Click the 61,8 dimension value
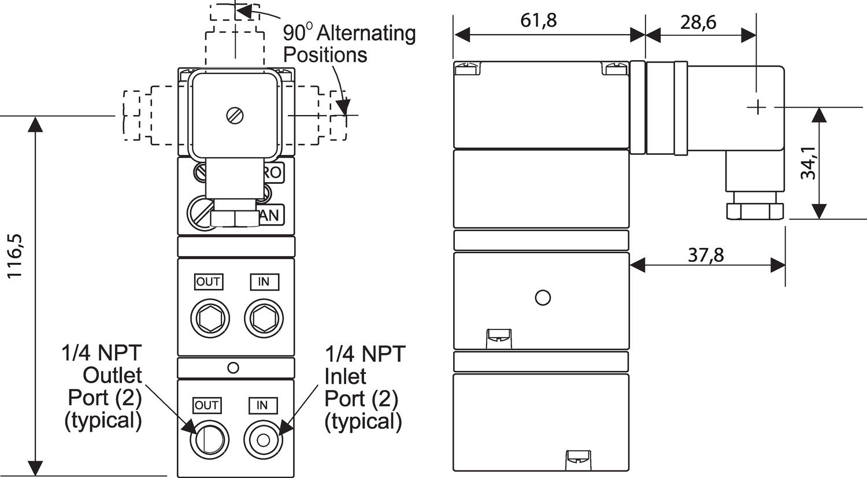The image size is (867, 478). coord(538,20)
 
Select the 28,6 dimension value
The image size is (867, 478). coord(698,22)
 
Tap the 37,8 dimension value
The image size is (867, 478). coord(705,254)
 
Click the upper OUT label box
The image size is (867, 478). coord(208,281)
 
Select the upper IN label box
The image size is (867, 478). coord(264,281)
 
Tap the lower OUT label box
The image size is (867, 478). coord(206,405)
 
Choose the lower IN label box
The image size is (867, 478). coord(262,405)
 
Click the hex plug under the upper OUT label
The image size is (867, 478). coord(210,318)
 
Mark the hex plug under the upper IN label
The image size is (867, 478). coord(264,318)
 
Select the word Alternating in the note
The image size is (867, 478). coord(366,33)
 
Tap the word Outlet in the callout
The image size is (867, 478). coord(112,375)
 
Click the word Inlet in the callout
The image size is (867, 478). coord(345,376)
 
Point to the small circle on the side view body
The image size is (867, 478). coord(542,298)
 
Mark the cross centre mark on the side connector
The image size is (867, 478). coord(756,108)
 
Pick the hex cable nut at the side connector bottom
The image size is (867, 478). coord(755,210)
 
